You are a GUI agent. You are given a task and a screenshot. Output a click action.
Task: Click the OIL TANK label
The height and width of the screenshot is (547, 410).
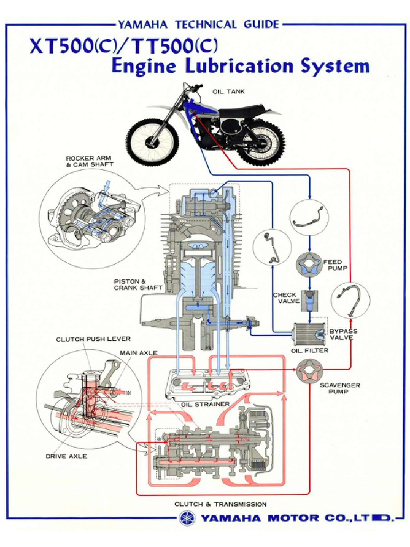click(x=228, y=91)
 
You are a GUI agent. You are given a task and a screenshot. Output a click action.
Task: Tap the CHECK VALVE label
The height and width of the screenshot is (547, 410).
click(x=285, y=298)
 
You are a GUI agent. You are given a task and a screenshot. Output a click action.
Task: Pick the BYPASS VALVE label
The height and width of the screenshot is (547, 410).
click(x=344, y=334)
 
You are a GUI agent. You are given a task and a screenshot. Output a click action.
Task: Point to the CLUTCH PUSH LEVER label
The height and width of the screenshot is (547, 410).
click(x=93, y=339)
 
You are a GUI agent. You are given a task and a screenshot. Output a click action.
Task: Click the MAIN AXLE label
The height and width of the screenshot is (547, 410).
click(x=139, y=352)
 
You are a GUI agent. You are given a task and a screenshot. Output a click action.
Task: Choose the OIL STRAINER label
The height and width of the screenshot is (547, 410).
click(x=205, y=404)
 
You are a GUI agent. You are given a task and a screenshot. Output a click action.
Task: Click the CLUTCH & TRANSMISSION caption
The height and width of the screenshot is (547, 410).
click(x=220, y=504)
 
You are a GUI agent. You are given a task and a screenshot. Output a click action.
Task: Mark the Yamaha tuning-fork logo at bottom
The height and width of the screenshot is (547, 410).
click(x=187, y=518)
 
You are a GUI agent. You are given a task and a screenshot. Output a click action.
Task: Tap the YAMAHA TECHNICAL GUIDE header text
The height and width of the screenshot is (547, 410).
click(x=198, y=24)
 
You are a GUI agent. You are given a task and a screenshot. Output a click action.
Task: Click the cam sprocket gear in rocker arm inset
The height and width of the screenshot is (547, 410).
click(x=69, y=214)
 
